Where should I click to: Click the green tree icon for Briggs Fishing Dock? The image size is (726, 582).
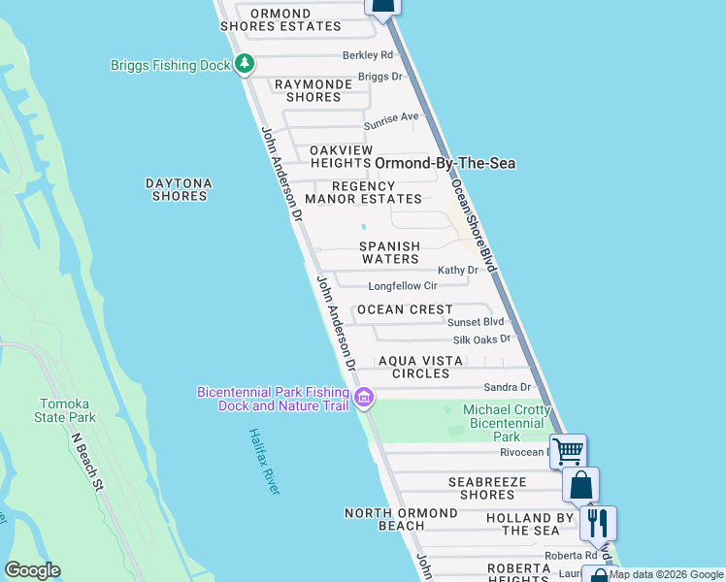(x=245, y=65)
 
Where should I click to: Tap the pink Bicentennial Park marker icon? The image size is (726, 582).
(x=364, y=398)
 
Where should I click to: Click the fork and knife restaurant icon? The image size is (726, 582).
(x=598, y=523)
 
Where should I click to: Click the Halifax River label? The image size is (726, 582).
(x=263, y=461)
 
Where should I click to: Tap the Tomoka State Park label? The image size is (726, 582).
(x=68, y=410)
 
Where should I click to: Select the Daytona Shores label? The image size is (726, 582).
(x=179, y=189)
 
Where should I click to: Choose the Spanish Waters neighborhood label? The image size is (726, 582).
(x=390, y=253)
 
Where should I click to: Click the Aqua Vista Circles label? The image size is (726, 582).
(x=414, y=367)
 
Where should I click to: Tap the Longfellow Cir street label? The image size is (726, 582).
(x=403, y=286)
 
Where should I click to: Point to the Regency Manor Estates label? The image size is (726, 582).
(x=364, y=193)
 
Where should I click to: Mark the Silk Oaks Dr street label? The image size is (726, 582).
(x=481, y=340)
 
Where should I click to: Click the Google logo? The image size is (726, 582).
(x=32, y=570)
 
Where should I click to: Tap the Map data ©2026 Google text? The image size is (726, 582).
(x=666, y=574)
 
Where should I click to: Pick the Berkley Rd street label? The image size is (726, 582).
(x=367, y=55)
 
